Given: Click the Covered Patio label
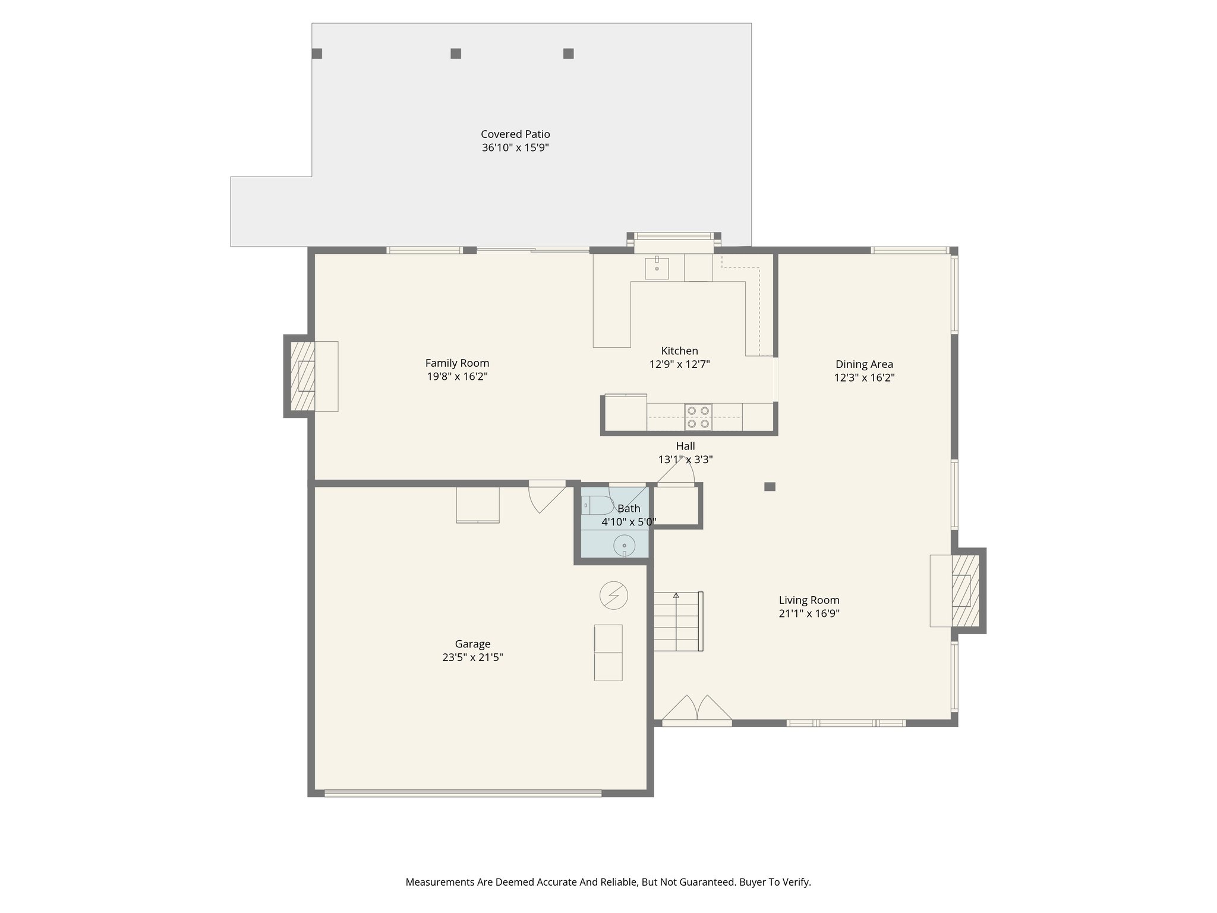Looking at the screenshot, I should click(515, 134).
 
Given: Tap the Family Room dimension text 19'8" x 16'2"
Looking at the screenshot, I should click(457, 376).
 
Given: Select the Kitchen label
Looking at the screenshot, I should click(679, 351).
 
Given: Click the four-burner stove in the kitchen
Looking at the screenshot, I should click(698, 417).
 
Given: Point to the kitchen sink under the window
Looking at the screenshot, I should click(657, 268).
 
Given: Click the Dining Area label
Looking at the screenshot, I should click(864, 364).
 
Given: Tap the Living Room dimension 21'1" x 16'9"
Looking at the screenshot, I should click(809, 613).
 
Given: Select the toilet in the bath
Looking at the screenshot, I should click(596, 505).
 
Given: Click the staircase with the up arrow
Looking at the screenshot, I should click(677, 622).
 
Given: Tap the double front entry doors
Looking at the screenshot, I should click(696, 710).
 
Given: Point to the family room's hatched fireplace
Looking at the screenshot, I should click(303, 376).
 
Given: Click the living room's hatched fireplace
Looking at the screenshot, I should click(965, 591).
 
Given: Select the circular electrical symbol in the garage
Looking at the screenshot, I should click(614, 595).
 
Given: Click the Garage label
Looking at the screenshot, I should click(472, 644).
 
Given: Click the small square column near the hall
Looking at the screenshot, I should click(770, 487).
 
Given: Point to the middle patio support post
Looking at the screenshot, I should click(456, 53).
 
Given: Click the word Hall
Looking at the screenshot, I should click(685, 446).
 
